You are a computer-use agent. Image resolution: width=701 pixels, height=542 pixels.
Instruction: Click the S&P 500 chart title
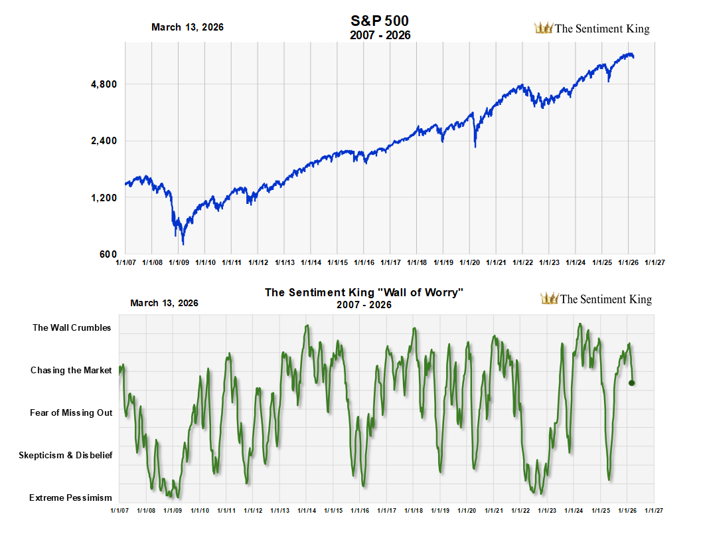point(380,21)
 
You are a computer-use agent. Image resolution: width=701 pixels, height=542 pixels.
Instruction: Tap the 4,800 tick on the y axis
point(104,84)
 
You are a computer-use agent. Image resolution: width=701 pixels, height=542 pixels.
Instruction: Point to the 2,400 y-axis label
point(104,141)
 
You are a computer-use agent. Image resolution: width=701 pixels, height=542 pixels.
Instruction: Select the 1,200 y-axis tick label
point(104,198)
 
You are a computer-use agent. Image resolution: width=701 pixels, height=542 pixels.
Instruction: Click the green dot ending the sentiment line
point(632,383)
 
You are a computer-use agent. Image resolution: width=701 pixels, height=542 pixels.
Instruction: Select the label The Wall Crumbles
point(72,327)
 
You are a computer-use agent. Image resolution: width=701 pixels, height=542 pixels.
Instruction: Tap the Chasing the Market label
point(71,370)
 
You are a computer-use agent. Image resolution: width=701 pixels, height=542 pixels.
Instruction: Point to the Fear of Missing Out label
point(71,412)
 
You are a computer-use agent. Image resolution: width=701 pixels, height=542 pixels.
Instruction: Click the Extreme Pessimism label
point(70,497)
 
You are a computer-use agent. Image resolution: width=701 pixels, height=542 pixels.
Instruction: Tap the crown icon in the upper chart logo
point(544,28)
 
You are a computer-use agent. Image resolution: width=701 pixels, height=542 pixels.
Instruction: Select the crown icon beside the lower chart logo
point(550,298)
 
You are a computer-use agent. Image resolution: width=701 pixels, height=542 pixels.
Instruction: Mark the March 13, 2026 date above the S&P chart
point(187,27)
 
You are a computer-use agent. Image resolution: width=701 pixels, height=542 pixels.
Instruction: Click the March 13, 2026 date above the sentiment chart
point(164,303)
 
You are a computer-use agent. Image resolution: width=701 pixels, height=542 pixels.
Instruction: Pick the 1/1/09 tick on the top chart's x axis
point(179,262)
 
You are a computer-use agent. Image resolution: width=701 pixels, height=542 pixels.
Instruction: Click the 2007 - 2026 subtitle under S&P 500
point(380,35)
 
